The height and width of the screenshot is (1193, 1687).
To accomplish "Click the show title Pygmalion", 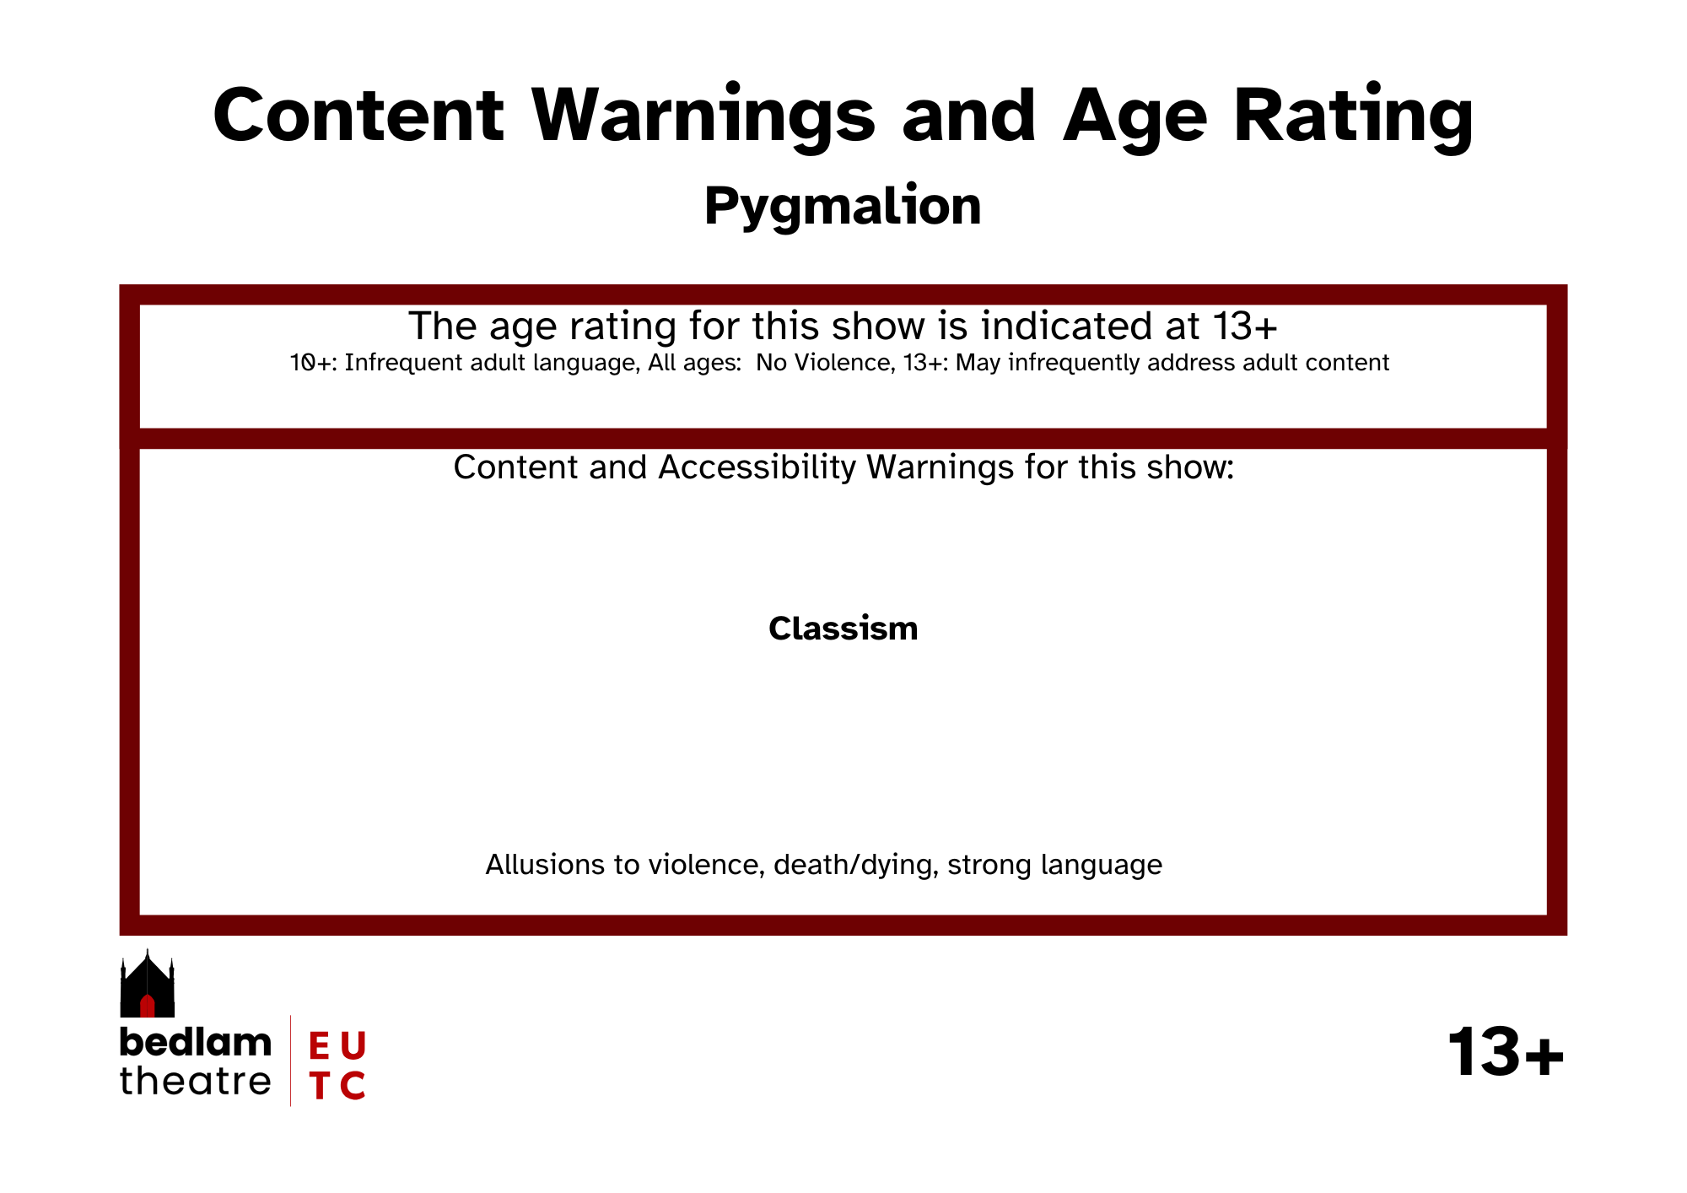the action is [x=843, y=207].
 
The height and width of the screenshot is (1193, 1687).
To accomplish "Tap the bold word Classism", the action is [x=843, y=629].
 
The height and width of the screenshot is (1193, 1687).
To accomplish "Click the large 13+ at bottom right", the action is [x=1506, y=1052].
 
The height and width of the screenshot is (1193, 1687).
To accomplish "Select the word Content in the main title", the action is [x=358, y=115].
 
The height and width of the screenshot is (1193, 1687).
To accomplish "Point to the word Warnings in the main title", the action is [x=703, y=116].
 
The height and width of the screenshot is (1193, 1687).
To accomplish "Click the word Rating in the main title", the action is [x=1353, y=116].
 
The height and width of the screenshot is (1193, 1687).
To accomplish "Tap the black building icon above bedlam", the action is [x=148, y=983].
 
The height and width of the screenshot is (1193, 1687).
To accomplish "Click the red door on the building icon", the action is [x=148, y=1006].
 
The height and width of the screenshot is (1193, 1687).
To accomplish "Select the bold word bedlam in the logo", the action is [x=196, y=1043].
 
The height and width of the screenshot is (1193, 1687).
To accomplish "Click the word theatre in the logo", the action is [x=196, y=1081].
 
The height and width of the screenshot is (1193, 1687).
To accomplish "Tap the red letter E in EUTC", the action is [x=319, y=1046].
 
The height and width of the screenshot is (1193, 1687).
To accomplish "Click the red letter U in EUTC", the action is [x=353, y=1046].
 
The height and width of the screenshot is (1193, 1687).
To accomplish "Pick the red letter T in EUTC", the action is [x=319, y=1086].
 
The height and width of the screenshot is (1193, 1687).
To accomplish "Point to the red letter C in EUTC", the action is [x=353, y=1086].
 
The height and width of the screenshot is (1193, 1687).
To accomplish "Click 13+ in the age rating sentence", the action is [x=1245, y=327].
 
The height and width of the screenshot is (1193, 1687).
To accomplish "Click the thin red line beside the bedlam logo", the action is [x=291, y=1061].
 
